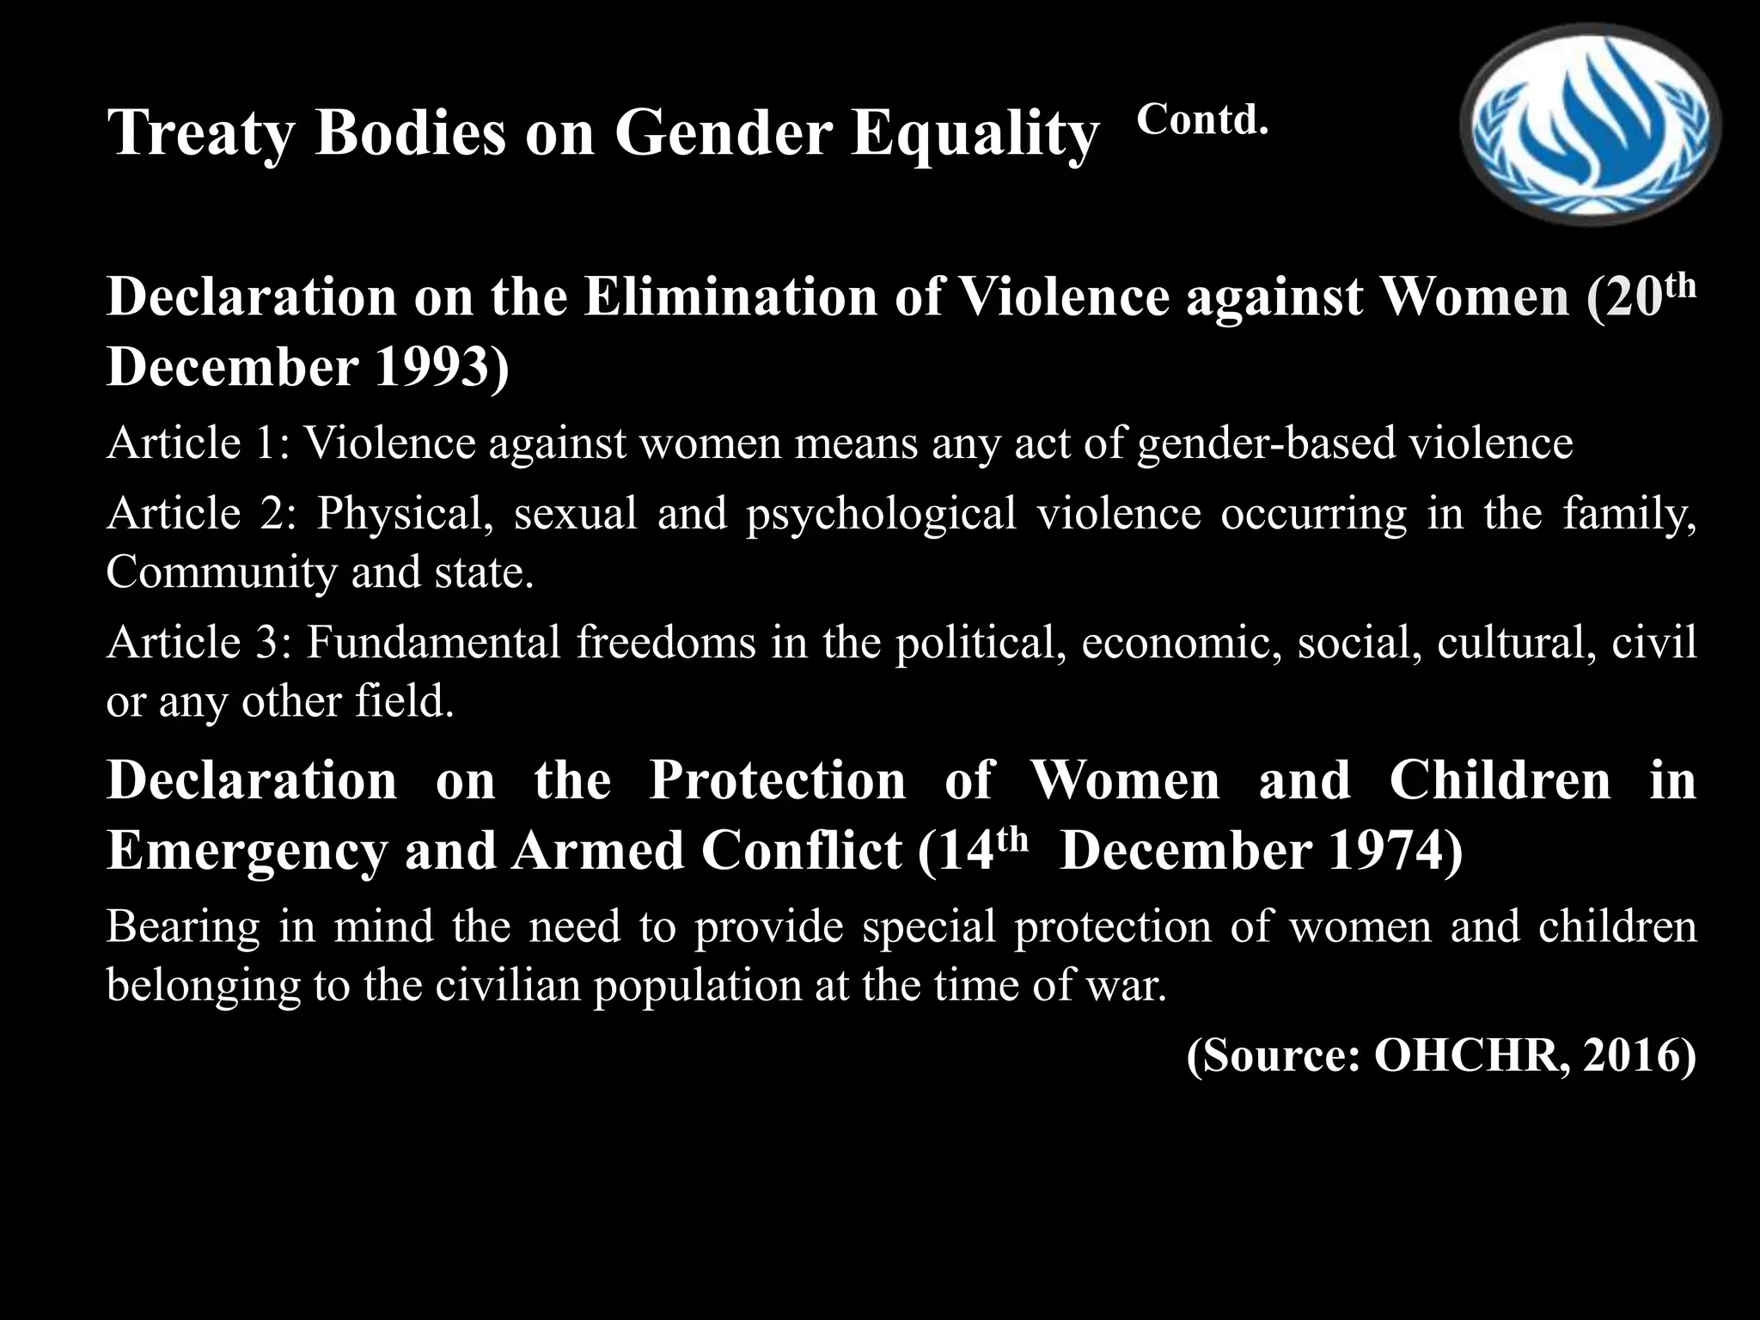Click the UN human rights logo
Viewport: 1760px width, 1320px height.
click(x=1590, y=125)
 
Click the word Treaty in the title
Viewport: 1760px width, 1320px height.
click(x=201, y=134)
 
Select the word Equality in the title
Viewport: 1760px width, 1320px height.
click(x=975, y=134)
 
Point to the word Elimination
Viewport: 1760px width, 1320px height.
click(x=730, y=297)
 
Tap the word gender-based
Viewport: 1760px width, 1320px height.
click(x=1264, y=444)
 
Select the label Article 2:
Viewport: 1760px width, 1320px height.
click(x=201, y=514)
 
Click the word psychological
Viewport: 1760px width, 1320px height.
click(x=881, y=514)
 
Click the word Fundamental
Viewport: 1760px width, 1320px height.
click(x=433, y=643)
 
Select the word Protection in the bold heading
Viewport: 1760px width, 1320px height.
click(x=777, y=781)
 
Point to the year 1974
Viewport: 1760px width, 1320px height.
click(x=1392, y=851)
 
